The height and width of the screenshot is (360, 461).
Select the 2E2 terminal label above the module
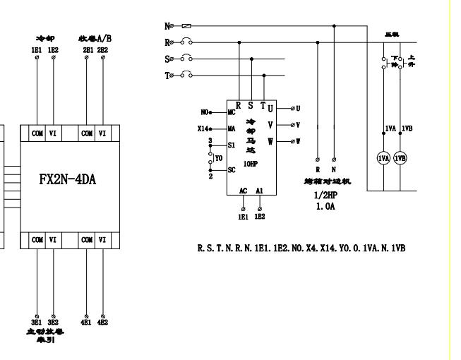click(x=103, y=51)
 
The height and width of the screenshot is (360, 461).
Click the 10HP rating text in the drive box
click(x=251, y=164)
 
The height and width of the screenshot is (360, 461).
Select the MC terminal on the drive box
click(x=231, y=112)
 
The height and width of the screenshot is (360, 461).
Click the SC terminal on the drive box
click(x=231, y=170)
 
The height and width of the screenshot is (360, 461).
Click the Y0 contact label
click(x=218, y=157)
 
